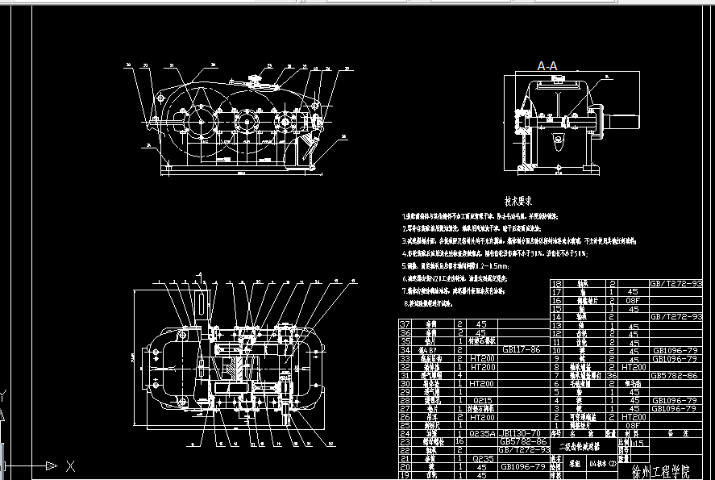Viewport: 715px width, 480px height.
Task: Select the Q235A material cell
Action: click(x=480, y=432)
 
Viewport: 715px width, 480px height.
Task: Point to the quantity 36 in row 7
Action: click(x=611, y=375)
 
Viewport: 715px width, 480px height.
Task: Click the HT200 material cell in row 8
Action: click(x=633, y=367)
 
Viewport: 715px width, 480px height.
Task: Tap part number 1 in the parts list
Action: click(x=556, y=424)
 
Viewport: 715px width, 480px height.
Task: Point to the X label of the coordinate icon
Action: click(x=71, y=465)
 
